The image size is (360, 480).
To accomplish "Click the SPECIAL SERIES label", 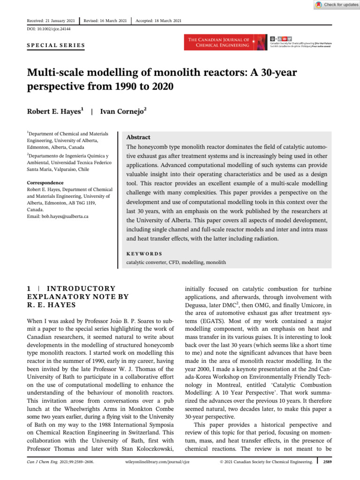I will (x=54, y=45).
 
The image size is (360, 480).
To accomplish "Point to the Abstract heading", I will (x=138, y=137).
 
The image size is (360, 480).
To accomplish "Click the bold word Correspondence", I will (x=45, y=182).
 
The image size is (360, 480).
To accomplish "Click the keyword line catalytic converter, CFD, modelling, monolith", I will (x=176, y=262).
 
